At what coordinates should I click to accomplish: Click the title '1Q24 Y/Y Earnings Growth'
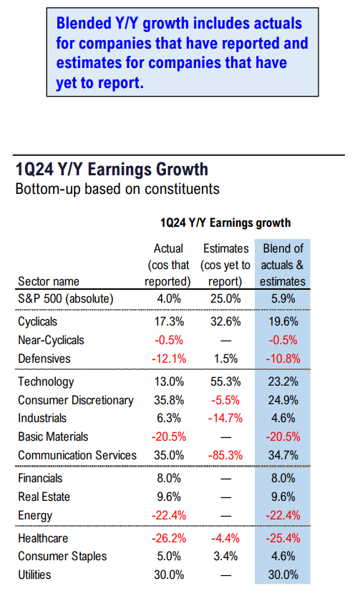tap(112, 170)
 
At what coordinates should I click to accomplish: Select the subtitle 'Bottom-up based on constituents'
tap(117, 190)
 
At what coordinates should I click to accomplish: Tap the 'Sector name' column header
tap(49, 282)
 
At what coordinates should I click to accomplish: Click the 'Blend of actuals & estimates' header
tap(283, 265)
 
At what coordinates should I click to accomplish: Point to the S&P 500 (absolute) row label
tap(66, 298)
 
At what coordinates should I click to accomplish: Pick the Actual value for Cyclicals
tap(169, 321)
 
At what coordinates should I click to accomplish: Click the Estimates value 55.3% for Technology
tap(225, 382)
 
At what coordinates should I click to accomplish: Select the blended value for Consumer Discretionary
tap(283, 400)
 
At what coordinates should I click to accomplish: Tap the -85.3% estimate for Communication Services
tap(225, 455)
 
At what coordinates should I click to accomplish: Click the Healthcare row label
tap(43, 538)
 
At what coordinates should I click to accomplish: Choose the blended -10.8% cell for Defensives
tap(283, 358)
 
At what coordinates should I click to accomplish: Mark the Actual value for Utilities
tap(169, 575)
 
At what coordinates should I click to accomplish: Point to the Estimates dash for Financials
tap(226, 479)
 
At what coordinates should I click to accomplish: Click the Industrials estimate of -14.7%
tap(225, 418)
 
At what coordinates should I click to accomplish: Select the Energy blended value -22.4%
tap(283, 515)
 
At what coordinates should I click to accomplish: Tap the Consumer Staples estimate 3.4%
tap(225, 556)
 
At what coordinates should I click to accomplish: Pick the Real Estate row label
tap(44, 497)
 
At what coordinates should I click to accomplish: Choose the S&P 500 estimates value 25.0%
tap(225, 298)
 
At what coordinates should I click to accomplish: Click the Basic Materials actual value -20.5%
tap(169, 436)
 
